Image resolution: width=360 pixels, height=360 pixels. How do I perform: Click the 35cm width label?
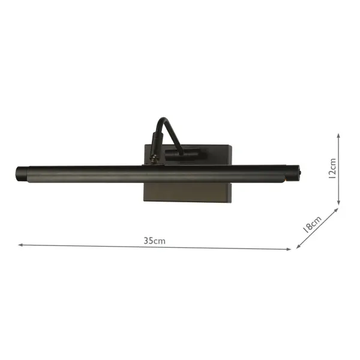click(154, 241)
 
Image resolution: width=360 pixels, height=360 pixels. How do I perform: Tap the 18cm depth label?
click(313, 224)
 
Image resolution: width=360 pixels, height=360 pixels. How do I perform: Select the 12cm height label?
click(333, 170)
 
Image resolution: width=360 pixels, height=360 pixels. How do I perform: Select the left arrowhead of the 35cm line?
click(20, 245)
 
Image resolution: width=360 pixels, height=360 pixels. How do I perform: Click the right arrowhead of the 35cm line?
click(290, 248)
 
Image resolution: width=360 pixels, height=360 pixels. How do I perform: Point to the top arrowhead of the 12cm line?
click(340, 136)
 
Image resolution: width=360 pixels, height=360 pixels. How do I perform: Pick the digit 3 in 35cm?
click(146, 241)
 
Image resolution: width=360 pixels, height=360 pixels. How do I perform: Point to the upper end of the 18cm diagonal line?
click(338, 209)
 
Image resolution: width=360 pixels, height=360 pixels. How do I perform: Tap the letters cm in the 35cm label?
click(160, 241)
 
